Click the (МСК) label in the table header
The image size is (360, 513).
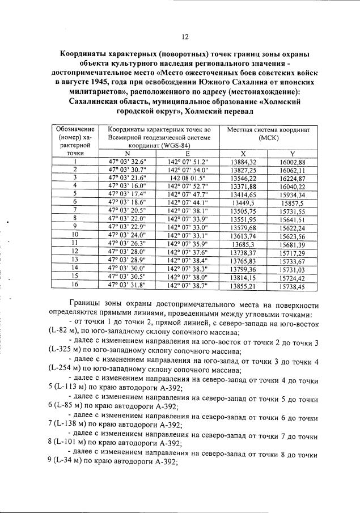[268, 137]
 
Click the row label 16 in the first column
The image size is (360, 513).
[75, 287]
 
